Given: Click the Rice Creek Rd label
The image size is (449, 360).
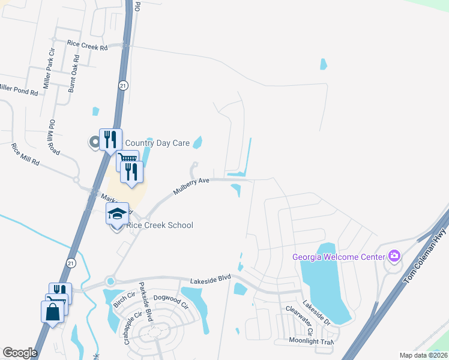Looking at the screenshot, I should click(x=87, y=44).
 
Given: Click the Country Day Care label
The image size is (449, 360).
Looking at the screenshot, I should click(x=157, y=143).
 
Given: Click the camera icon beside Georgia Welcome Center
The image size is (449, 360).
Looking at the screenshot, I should click(x=394, y=256).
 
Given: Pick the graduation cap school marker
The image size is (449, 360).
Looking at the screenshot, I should click(x=117, y=214).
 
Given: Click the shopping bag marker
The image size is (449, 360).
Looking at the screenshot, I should click(x=52, y=312).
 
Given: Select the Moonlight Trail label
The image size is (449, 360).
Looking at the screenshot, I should click(x=310, y=341).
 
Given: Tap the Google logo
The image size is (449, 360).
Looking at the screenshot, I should click(x=20, y=353).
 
